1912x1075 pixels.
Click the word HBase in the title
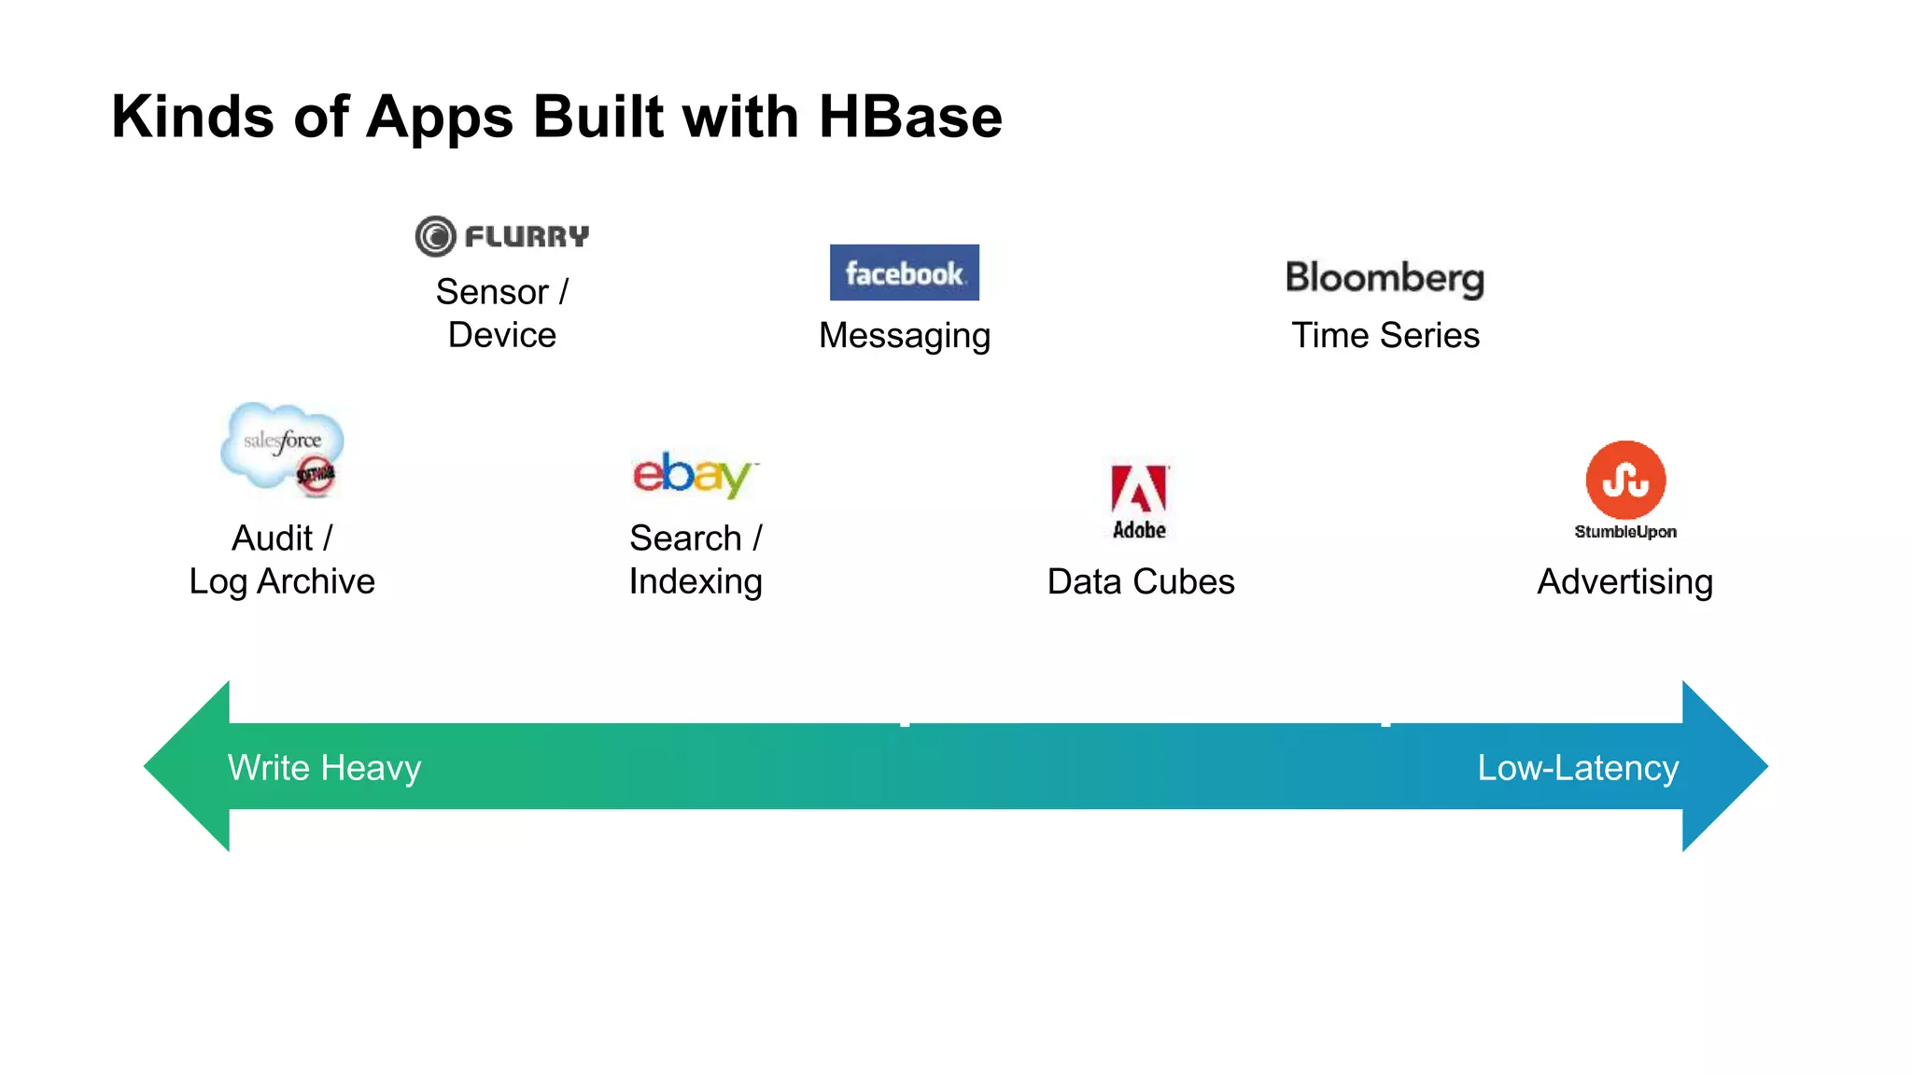[909, 118]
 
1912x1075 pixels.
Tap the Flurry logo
[502, 236]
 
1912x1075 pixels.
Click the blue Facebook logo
[904, 272]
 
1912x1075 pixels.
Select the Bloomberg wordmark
[1385, 278]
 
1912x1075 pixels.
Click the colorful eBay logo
[694, 474]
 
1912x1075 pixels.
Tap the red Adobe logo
[1139, 499]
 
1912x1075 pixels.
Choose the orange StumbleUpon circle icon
[1624, 480]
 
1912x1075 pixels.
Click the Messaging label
[904, 336]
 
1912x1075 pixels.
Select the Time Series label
[1385, 336]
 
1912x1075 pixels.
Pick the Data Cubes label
[1140, 582]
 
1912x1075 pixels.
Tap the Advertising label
[1624, 582]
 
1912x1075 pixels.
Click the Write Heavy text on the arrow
[324, 768]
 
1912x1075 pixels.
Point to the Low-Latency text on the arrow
[1577, 768]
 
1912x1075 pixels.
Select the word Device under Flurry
[501, 336]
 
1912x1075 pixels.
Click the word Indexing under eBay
[696, 582]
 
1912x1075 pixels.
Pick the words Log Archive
[282, 582]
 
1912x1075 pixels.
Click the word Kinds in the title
[192, 118]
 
